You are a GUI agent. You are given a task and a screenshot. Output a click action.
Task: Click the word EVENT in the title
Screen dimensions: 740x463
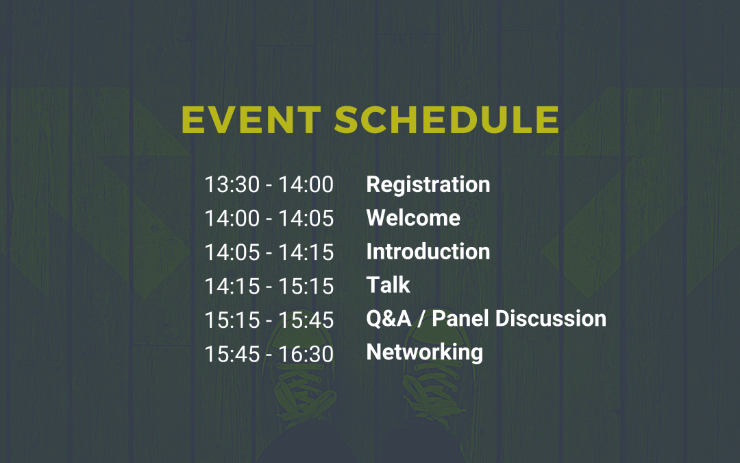251,120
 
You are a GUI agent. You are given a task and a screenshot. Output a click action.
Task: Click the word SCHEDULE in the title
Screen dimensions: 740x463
447,120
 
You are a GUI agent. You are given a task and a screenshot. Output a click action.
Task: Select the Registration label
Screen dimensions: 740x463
428,185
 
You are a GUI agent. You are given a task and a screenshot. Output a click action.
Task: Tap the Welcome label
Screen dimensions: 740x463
413,218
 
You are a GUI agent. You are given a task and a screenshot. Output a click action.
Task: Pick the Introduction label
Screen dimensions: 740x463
428,251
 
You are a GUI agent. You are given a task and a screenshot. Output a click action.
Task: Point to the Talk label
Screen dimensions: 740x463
388,285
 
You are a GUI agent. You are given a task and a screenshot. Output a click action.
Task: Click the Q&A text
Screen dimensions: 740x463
389,318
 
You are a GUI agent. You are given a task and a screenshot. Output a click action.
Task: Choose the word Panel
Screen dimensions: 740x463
460,318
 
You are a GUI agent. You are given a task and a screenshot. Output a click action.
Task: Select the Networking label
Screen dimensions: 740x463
425,353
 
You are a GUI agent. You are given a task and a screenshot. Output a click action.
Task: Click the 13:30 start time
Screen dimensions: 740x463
232,185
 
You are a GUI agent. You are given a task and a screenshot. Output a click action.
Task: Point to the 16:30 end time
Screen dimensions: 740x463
306,354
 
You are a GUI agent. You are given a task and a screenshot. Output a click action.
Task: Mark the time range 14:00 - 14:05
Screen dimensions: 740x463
269,218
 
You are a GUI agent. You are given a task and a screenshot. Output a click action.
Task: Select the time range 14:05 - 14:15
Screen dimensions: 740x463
269,252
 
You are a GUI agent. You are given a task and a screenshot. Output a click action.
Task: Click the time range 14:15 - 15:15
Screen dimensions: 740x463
269,286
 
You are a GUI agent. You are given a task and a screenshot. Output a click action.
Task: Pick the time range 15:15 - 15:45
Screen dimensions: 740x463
269,320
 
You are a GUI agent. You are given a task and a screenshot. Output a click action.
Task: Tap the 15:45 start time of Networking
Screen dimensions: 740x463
232,354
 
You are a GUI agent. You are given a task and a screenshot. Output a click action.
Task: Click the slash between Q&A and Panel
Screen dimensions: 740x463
421,319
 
